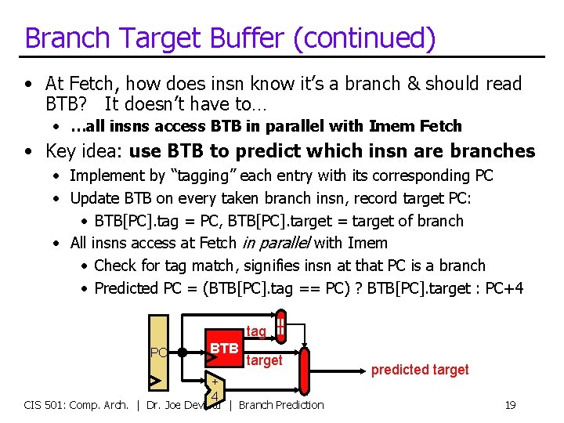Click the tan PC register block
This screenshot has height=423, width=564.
coord(159,352)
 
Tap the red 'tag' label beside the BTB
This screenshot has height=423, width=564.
coord(256,331)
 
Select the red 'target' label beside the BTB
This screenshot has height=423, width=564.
coord(264,360)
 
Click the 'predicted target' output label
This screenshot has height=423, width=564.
coord(420,370)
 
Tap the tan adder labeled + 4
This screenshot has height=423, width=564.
coord(213,389)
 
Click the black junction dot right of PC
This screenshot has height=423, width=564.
coord(182,352)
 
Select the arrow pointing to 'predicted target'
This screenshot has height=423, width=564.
coord(337,370)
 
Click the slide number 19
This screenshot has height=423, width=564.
coord(510,405)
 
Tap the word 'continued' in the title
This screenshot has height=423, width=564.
coord(375,38)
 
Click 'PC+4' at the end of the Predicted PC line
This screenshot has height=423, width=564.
coord(504,288)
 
